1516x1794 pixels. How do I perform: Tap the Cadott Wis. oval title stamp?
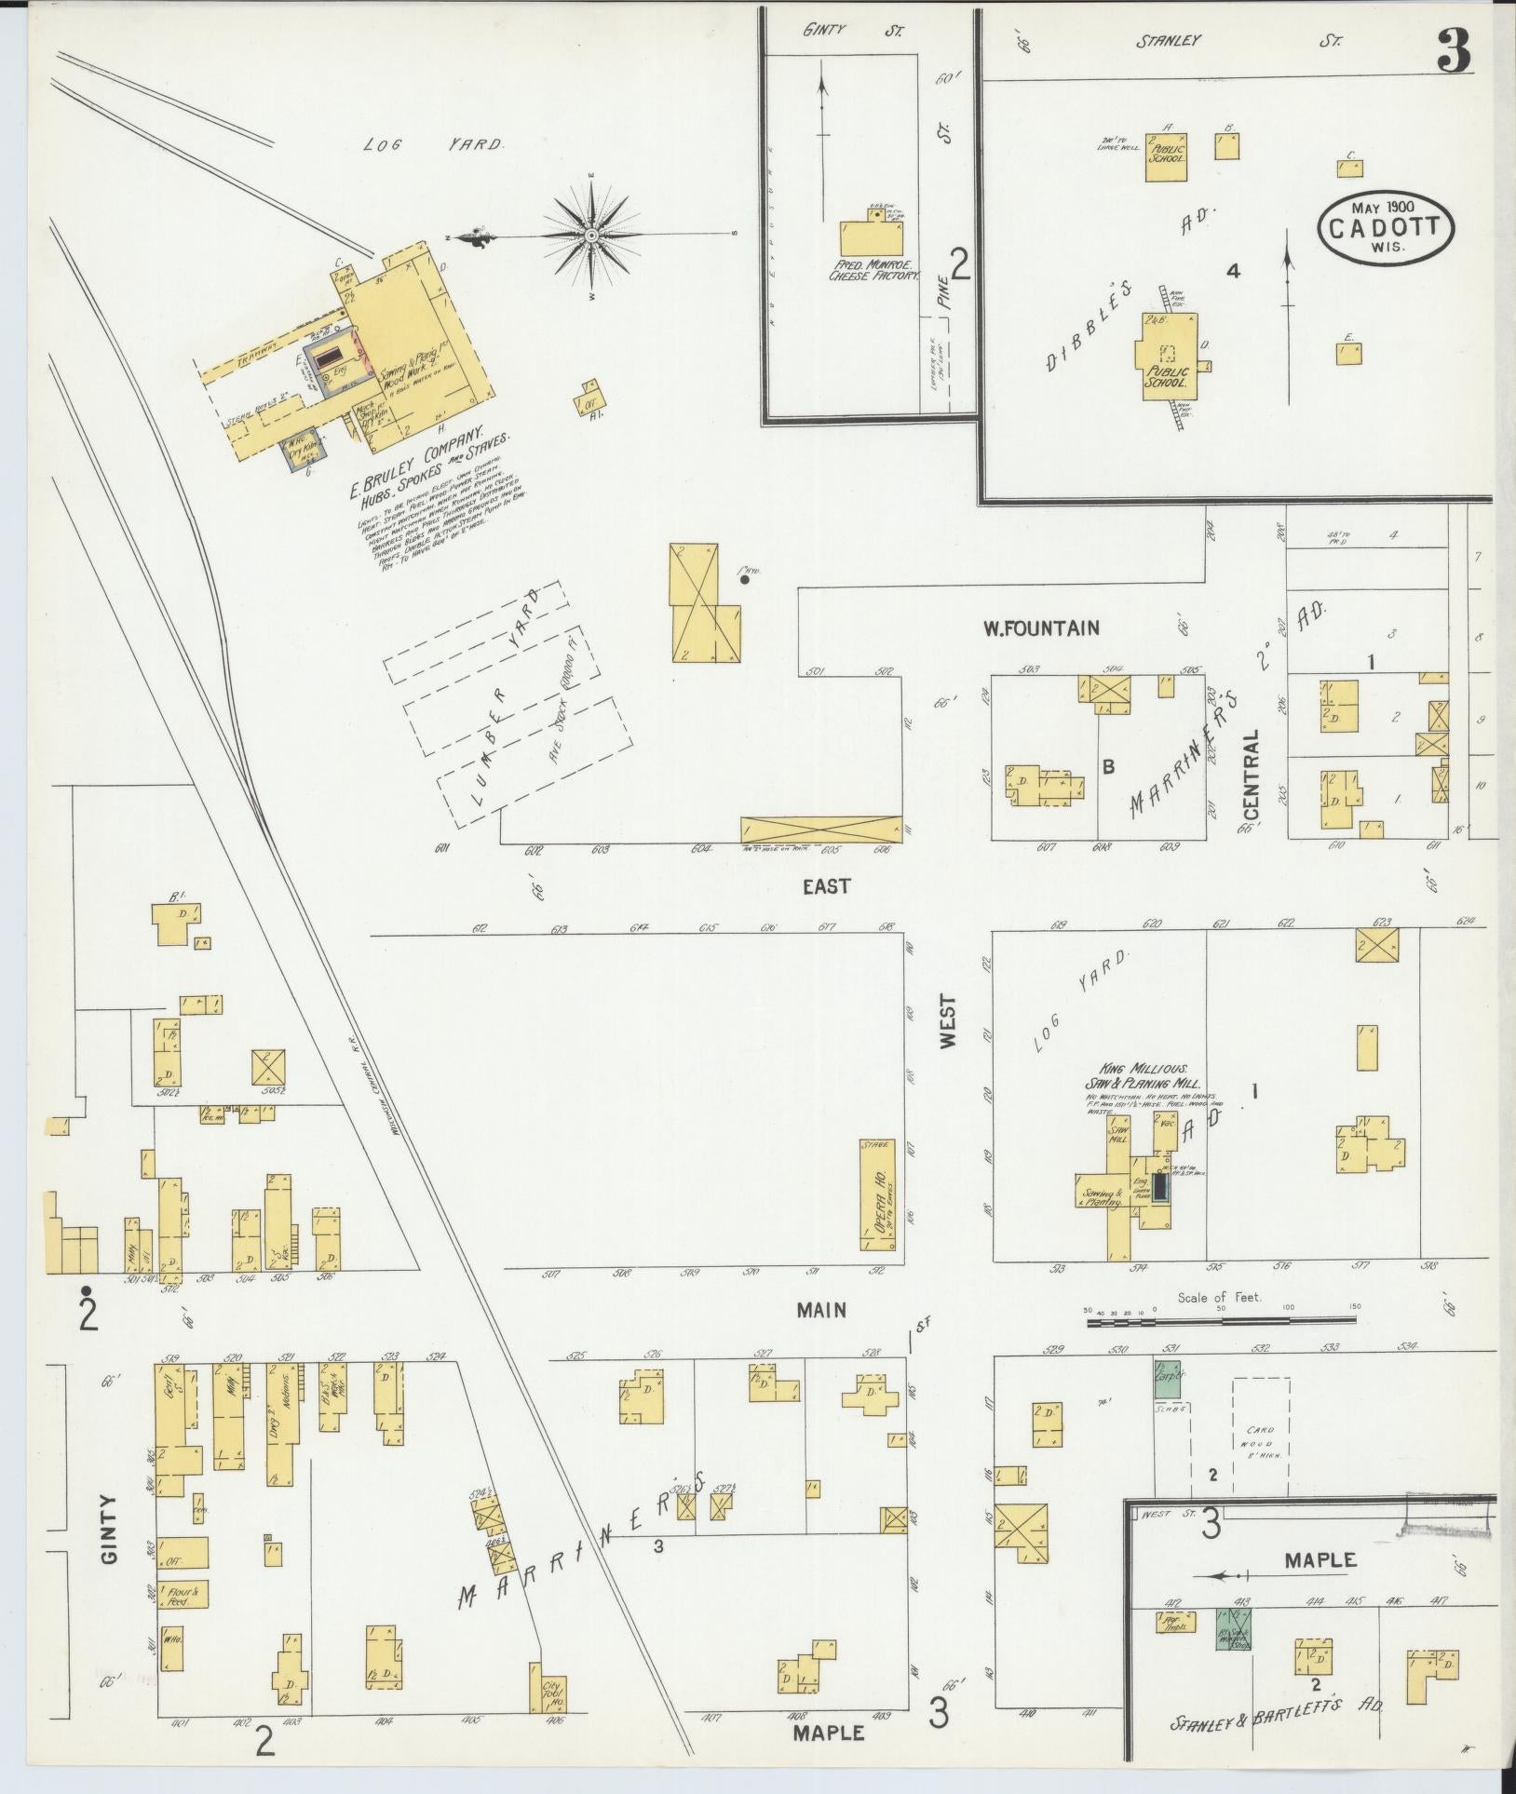pos(1386,228)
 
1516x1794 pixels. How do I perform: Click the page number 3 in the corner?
pos(1453,51)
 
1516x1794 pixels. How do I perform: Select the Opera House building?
pos(876,1195)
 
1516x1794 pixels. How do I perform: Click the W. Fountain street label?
pos(1040,628)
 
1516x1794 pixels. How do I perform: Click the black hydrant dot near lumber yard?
pos(745,579)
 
